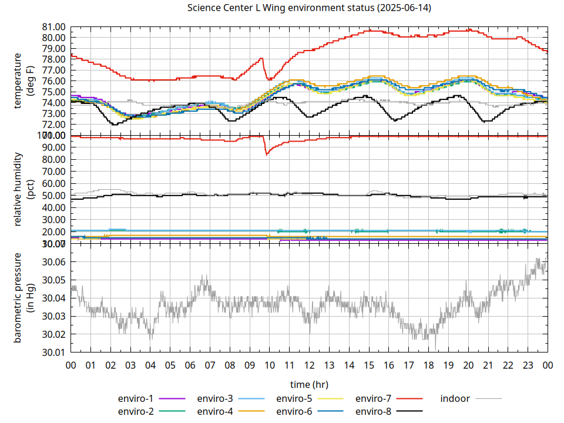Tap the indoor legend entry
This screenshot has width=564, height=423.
point(455,399)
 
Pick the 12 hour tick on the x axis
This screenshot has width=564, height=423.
point(309,365)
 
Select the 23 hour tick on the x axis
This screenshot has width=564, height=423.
point(528,365)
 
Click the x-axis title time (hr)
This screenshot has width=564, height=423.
point(309,384)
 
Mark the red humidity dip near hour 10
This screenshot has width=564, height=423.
point(267,154)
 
